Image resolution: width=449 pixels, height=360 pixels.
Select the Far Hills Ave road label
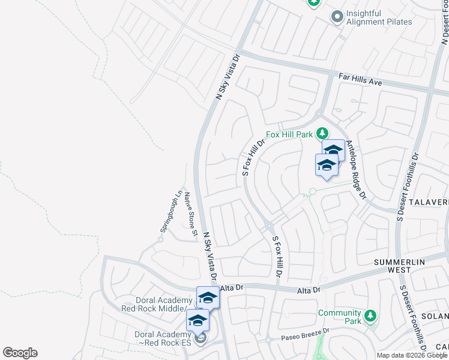point(360,79)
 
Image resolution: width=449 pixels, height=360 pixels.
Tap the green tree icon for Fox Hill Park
point(323,133)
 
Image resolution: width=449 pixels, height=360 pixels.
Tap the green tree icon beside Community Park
point(370,314)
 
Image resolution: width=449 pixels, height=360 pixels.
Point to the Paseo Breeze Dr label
point(306,334)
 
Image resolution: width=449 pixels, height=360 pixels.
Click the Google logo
point(20,353)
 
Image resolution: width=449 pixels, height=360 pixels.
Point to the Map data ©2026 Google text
point(411,355)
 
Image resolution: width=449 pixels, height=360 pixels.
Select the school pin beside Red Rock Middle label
point(208,297)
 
